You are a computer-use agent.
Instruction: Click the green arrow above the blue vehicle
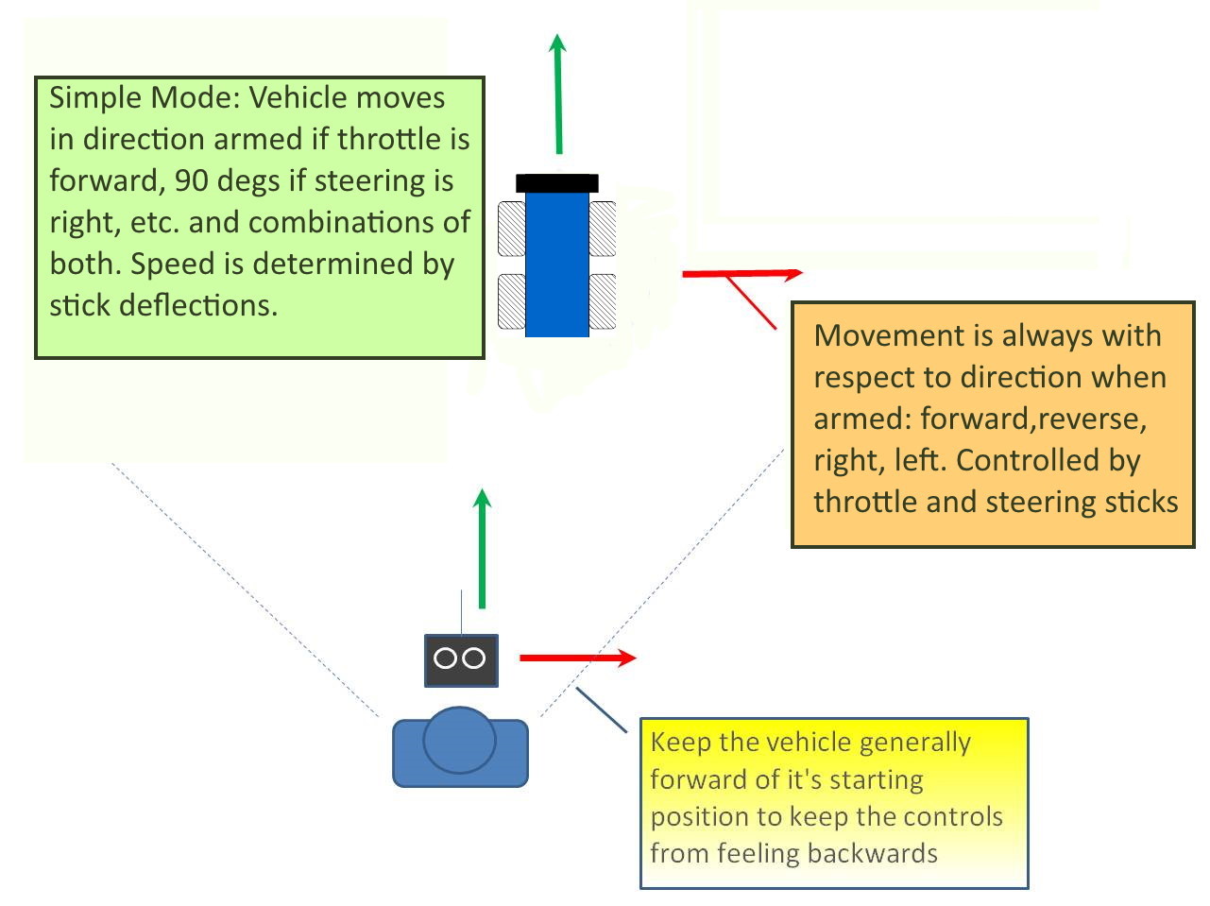click(x=558, y=94)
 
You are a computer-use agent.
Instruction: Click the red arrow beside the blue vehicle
click(x=741, y=274)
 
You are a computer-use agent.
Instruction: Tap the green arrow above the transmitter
click(x=483, y=548)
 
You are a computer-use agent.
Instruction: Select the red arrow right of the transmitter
click(x=577, y=658)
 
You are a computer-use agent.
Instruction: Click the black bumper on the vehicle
click(x=556, y=183)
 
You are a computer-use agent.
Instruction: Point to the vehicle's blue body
click(x=556, y=265)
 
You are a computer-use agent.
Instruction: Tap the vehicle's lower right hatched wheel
click(x=603, y=301)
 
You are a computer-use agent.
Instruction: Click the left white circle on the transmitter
click(x=445, y=658)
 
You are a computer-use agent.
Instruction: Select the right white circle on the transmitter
click(x=474, y=658)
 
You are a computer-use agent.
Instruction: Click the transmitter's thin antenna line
click(x=461, y=611)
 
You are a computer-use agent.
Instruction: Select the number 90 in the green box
click(x=193, y=180)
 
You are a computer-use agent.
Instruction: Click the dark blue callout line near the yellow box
click(x=601, y=709)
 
